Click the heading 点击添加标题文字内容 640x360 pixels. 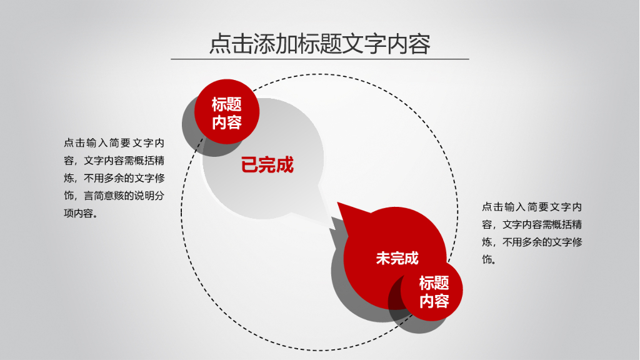[x=319, y=44]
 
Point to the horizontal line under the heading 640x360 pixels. [x=319, y=59]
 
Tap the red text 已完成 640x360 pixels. [x=267, y=165]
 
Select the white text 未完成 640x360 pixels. [x=397, y=257]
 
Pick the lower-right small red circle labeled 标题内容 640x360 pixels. [x=434, y=292]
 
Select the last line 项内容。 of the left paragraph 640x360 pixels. [x=80, y=213]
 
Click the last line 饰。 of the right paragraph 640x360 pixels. [x=490, y=259]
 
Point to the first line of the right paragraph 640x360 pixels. [x=532, y=207]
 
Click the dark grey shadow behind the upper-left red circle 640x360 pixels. [x=190, y=127]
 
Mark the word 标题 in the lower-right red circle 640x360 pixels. [x=434, y=282]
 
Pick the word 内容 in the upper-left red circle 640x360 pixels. [x=226, y=122]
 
